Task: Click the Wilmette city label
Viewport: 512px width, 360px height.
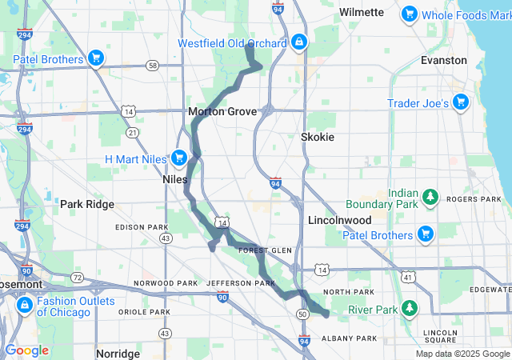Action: point(362,12)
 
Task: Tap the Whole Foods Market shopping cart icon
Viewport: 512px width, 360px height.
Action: point(410,13)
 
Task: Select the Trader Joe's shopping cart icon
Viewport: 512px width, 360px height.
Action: point(461,102)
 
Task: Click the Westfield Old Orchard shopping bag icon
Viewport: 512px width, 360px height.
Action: point(298,41)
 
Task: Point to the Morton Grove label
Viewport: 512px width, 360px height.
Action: point(222,112)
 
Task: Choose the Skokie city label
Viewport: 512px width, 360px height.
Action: point(317,137)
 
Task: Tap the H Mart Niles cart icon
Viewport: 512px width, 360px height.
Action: point(178,158)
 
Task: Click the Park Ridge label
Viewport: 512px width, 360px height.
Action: point(87,204)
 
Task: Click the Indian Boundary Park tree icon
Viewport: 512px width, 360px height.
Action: point(430,197)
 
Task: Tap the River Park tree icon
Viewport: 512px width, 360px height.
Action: point(410,308)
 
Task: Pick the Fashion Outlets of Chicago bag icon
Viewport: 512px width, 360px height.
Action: point(26,306)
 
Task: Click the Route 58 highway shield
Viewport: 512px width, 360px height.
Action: point(152,65)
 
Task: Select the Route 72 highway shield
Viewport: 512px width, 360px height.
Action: point(77,277)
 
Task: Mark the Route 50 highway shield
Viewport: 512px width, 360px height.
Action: point(303,314)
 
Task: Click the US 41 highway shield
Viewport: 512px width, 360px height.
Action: point(407,277)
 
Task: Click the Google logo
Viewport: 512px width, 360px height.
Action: point(26,350)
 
